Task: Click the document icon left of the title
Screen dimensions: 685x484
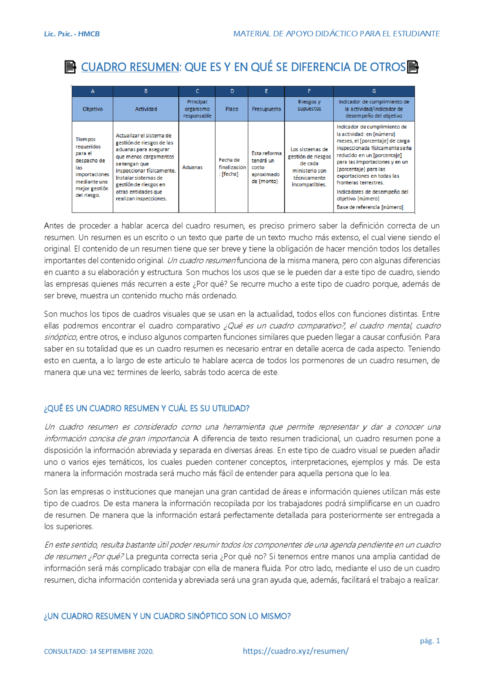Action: coord(70,67)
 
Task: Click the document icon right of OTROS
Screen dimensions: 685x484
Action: coord(413,67)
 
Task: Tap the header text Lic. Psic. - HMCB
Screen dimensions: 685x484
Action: coord(72,34)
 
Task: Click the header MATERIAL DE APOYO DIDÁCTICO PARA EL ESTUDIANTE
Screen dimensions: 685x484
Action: coord(336,34)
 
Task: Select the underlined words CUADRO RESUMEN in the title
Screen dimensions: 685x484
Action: coord(130,67)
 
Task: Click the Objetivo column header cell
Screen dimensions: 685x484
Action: coord(93,109)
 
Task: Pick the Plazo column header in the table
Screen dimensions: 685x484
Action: coord(232,109)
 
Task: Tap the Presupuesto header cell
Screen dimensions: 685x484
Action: coord(266,109)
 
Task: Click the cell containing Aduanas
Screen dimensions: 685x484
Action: coord(192,167)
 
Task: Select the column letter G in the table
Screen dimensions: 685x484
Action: coord(374,91)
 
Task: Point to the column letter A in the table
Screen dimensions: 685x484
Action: coord(93,91)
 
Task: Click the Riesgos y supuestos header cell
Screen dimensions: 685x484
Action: coord(309,106)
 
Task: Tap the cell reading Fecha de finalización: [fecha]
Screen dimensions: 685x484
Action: coord(232,167)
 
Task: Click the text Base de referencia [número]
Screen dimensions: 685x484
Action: coord(370,207)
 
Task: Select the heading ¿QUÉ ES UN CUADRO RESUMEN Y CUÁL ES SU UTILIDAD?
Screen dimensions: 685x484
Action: coord(147,409)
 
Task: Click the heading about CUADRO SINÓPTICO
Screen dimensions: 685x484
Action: coord(167,616)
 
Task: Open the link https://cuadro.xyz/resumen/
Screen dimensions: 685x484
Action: coord(296,651)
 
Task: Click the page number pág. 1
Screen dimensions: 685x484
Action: coord(430,641)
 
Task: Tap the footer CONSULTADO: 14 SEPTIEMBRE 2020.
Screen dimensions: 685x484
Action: coord(99,651)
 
